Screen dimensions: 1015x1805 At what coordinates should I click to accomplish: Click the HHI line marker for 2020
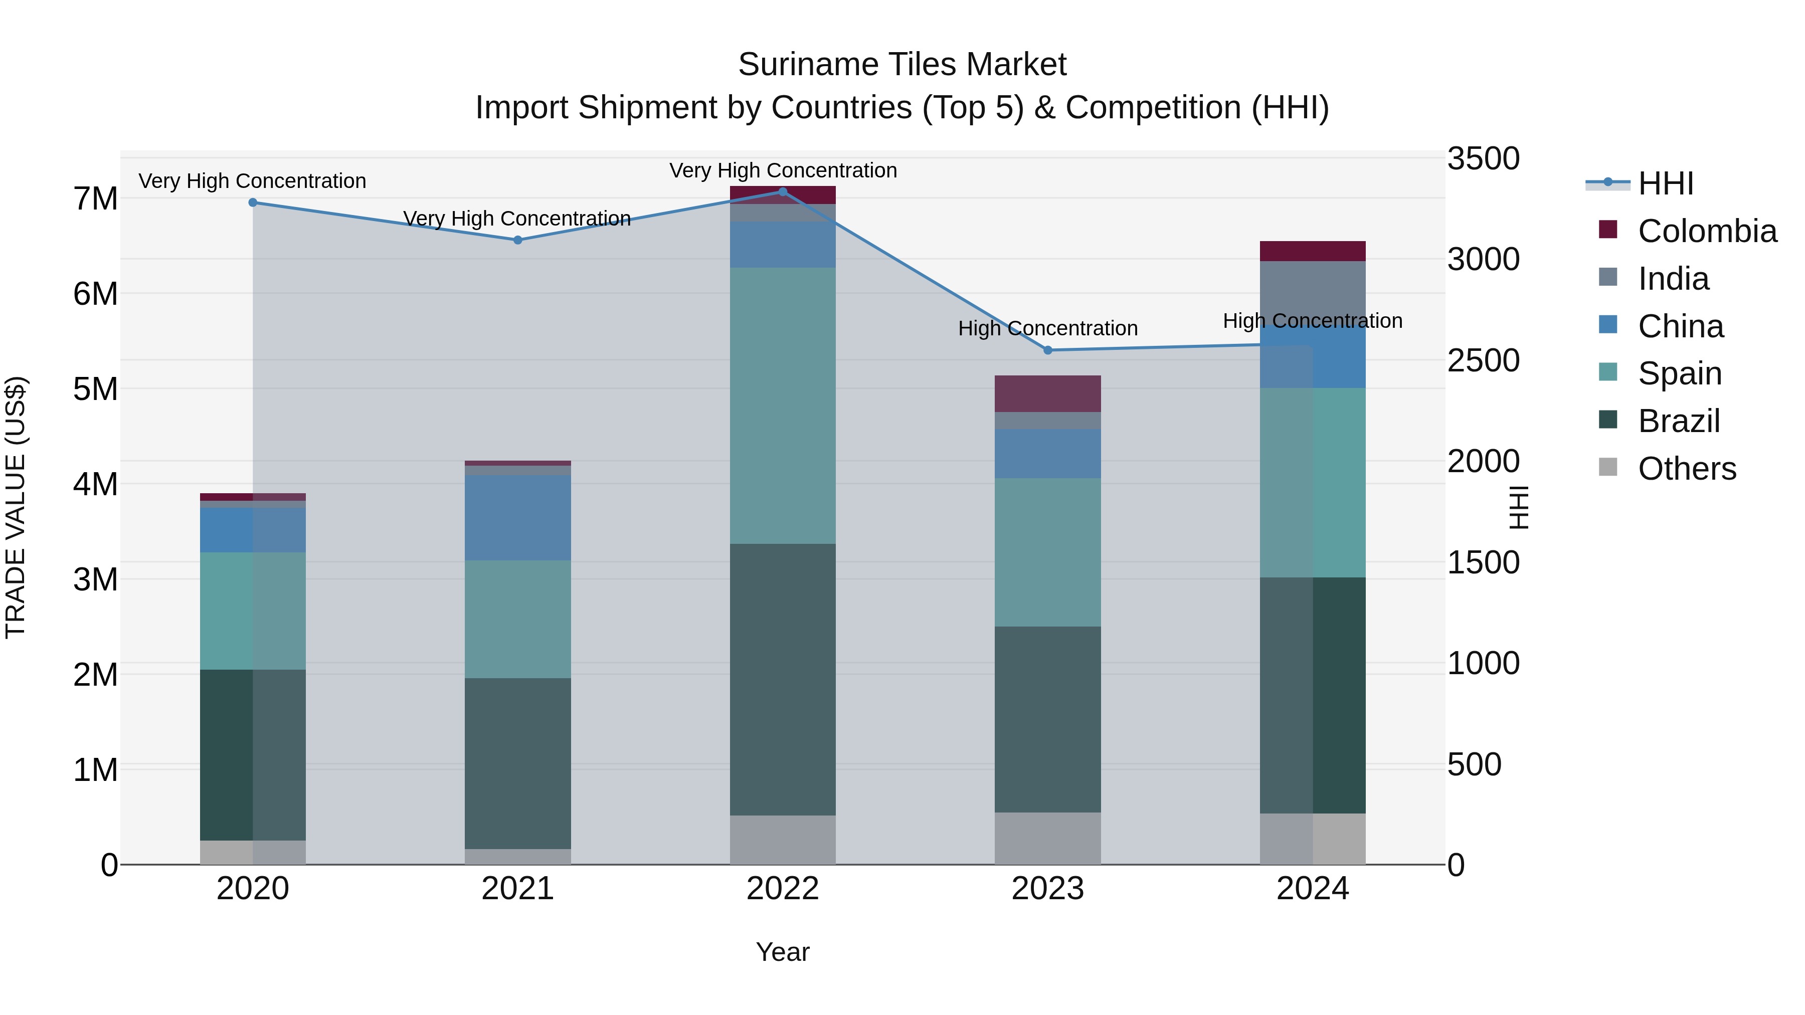coord(253,202)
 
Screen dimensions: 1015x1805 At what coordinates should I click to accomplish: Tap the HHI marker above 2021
coord(518,240)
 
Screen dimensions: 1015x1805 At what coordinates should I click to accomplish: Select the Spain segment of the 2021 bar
coord(518,619)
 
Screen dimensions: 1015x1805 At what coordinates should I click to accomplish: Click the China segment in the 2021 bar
coord(518,518)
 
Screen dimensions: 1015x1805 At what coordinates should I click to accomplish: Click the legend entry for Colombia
coord(1707,231)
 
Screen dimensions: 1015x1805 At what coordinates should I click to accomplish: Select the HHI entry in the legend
coord(1666,183)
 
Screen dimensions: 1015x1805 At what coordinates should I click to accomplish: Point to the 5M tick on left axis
coord(96,389)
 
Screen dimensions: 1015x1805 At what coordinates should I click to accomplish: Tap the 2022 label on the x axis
coord(783,889)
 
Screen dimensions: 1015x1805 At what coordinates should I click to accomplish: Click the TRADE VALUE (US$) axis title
coord(16,507)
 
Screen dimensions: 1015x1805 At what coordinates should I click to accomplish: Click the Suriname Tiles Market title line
coord(902,65)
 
